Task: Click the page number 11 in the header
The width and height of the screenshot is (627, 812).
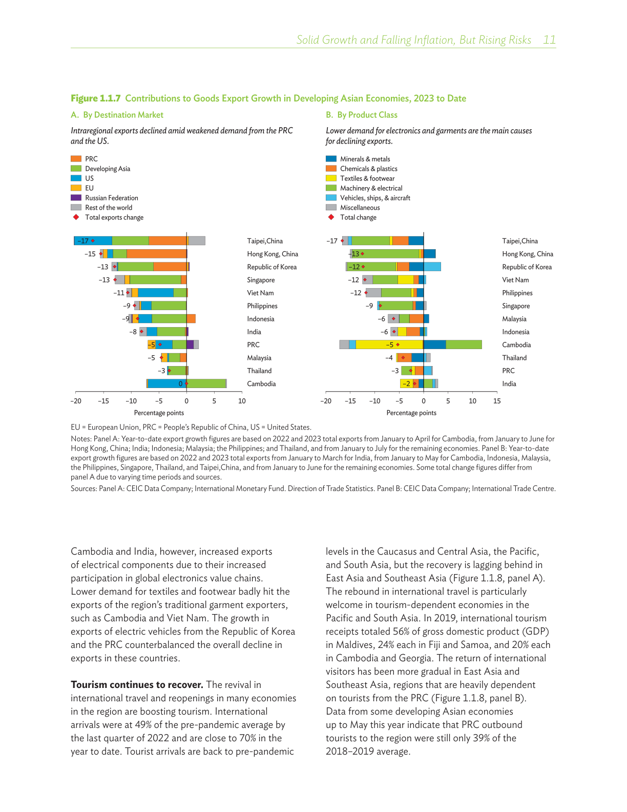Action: [x=549, y=40]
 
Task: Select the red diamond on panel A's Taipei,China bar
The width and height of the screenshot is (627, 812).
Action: [x=93, y=241]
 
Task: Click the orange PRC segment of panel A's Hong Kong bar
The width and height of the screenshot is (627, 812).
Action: [x=156, y=254]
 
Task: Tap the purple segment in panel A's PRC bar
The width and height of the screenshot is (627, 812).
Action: [x=190, y=344]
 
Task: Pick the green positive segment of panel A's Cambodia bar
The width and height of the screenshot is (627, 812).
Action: [x=206, y=383]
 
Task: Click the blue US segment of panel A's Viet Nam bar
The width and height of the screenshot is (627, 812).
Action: [x=155, y=293]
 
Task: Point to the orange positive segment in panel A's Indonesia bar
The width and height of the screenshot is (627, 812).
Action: [x=191, y=319]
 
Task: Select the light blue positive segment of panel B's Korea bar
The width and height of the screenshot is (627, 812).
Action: [x=432, y=267]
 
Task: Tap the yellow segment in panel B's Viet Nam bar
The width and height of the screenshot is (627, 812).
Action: [x=405, y=280]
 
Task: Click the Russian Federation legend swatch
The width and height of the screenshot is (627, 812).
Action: [x=76, y=198]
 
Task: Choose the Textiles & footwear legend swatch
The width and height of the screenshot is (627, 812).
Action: [x=331, y=178]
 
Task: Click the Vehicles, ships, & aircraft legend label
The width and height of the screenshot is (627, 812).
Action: [x=375, y=198]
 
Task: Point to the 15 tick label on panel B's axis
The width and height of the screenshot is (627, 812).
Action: [x=497, y=401]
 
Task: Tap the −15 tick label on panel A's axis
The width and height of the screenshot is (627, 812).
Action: [x=103, y=401]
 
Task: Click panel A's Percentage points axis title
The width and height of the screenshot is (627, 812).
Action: [x=159, y=413]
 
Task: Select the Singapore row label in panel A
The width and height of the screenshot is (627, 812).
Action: [x=261, y=280]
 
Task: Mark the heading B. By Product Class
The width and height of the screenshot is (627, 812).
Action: [x=362, y=115]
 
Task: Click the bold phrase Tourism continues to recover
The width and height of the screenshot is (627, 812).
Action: [x=137, y=685]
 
